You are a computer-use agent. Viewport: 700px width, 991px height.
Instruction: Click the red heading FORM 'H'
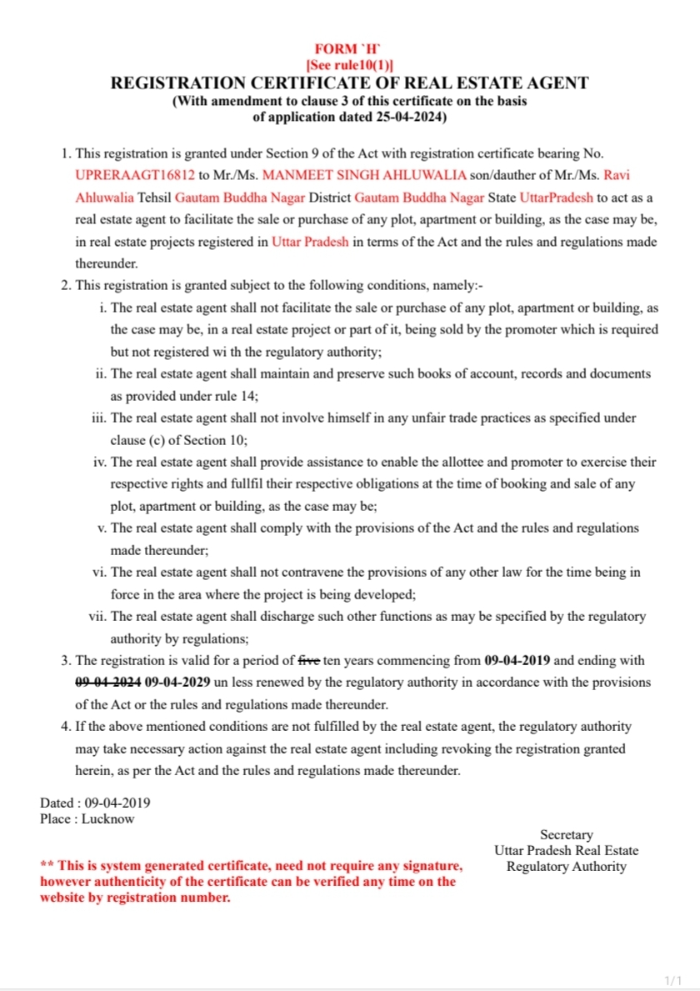click(x=349, y=50)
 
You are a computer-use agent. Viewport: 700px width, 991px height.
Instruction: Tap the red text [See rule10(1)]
click(x=349, y=65)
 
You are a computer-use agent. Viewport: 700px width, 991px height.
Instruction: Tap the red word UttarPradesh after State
click(x=557, y=198)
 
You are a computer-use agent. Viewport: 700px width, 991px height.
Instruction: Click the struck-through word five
click(x=309, y=661)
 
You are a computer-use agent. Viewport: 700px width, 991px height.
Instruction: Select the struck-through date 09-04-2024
click(x=107, y=683)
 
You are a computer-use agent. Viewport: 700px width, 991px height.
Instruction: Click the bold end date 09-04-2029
click(x=177, y=683)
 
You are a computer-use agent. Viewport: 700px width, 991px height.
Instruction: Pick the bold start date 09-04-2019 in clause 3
click(x=517, y=661)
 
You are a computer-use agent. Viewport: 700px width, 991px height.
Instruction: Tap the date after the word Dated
click(x=117, y=803)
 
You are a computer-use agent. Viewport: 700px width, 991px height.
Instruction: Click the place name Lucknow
click(x=107, y=818)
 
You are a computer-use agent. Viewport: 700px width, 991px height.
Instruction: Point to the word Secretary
click(x=567, y=834)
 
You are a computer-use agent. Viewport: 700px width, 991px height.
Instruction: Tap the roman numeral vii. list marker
click(x=97, y=617)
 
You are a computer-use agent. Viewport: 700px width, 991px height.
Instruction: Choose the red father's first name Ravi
click(x=617, y=176)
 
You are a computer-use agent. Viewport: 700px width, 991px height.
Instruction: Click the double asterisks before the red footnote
click(x=47, y=867)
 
